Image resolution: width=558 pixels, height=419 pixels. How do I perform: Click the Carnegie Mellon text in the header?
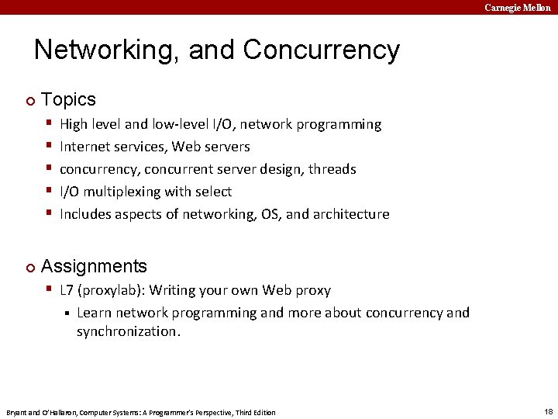point(518,7)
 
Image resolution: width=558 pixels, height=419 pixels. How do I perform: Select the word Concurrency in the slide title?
point(321,50)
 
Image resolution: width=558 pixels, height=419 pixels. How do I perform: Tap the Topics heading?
point(68,99)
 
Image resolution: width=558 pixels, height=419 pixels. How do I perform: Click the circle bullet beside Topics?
point(29,101)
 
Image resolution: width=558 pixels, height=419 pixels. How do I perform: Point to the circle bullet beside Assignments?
point(29,268)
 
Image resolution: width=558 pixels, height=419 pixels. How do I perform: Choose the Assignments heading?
point(94,266)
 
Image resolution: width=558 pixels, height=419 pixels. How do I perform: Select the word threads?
point(331,169)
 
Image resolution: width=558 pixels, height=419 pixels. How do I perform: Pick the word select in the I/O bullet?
point(214,192)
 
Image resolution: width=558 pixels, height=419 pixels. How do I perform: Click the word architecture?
point(350,214)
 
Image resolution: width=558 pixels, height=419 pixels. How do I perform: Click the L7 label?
point(67,290)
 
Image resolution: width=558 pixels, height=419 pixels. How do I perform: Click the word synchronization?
point(127,331)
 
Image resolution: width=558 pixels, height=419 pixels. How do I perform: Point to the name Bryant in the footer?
point(16,412)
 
